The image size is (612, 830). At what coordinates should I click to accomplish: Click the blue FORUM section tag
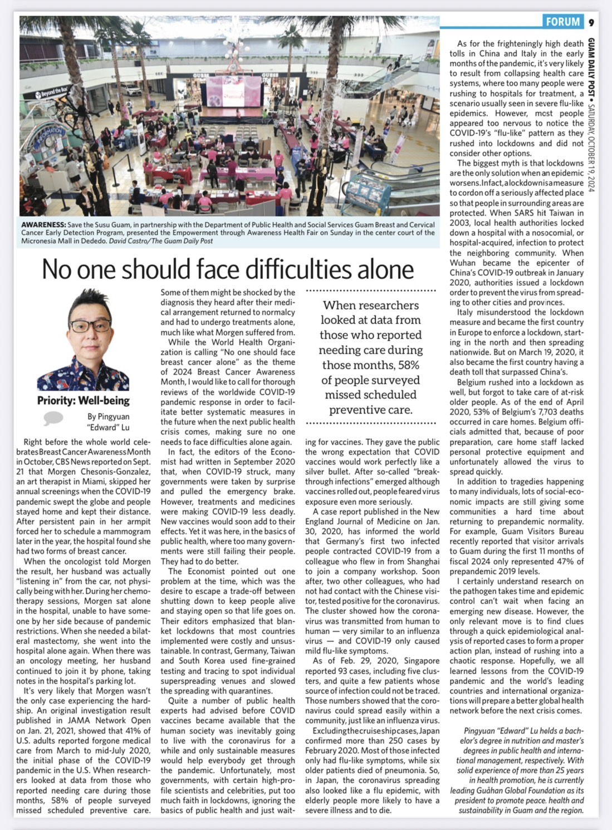click(x=563, y=22)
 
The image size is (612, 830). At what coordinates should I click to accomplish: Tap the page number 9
click(x=591, y=22)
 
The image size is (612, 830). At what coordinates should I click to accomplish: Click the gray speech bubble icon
click(x=53, y=418)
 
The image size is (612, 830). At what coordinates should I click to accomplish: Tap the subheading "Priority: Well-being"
click(x=84, y=400)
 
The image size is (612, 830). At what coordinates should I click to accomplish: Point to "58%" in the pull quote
click(x=408, y=365)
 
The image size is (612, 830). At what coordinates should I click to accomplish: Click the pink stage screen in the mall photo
click(x=234, y=92)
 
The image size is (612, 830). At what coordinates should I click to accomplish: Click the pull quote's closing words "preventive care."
click(x=371, y=410)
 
